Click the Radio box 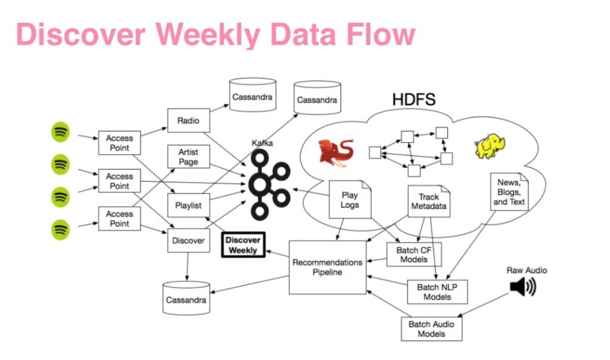coord(188,120)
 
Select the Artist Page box coord(188,157)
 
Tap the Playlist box coord(188,206)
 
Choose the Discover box coord(188,241)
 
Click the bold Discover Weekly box coord(243,245)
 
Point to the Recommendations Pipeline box coord(327,267)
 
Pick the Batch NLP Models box coord(437,292)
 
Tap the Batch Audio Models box coord(431,328)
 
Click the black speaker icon coord(522,287)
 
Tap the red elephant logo coord(335,151)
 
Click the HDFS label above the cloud coord(413,100)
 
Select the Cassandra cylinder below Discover coord(186,298)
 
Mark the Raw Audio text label coord(526,270)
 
